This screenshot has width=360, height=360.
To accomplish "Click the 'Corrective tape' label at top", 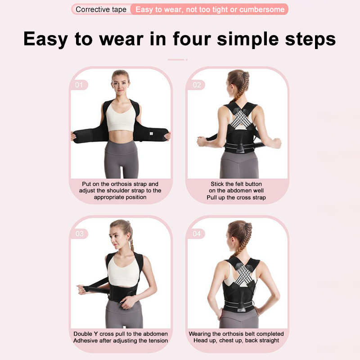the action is tap(101, 9).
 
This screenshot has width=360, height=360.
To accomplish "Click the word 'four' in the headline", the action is tap(192, 39).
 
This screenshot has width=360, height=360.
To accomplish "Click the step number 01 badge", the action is tap(79, 85).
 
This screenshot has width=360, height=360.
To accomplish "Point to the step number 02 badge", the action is tap(196, 85).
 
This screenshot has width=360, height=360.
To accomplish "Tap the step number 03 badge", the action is tap(80, 234).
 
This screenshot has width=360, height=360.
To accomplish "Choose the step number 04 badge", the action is tap(197, 234).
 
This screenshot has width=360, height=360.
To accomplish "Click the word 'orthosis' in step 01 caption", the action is tap(121, 184).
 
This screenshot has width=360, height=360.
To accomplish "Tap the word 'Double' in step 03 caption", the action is tap(83, 334).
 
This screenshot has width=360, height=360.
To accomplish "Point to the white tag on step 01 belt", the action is tap(151, 133).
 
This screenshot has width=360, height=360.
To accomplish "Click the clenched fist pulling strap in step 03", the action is tap(81, 289).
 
